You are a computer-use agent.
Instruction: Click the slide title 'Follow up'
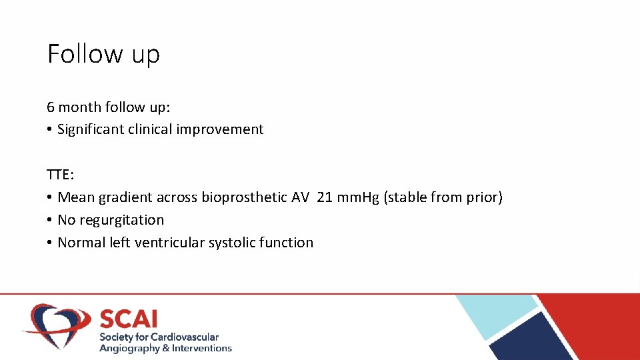(x=103, y=53)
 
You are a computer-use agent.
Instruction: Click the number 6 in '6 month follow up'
(x=51, y=107)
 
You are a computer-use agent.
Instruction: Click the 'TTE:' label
(x=61, y=175)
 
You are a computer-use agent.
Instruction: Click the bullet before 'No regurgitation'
(x=50, y=221)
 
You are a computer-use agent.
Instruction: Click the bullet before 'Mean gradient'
(x=50, y=198)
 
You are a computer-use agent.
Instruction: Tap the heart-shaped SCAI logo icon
(x=57, y=325)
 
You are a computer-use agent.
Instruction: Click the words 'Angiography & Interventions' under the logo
(x=165, y=348)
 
